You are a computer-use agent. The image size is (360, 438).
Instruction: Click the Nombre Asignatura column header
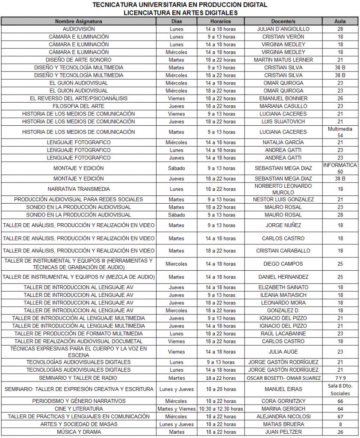(x=79, y=21)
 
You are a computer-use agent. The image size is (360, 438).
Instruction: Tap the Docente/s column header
(x=283, y=21)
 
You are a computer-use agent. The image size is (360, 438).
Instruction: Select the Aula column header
(x=340, y=21)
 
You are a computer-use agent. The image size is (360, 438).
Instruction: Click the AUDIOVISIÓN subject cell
(x=79, y=29)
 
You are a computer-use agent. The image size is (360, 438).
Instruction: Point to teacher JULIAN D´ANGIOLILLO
(x=283, y=29)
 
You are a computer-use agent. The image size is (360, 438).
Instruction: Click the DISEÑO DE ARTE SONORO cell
(x=79, y=60)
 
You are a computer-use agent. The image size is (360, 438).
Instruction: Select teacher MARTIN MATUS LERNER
(x=283, y=60)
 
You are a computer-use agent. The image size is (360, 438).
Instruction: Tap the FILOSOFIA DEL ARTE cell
(x=79, y=106)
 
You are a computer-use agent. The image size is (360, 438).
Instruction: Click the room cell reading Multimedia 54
(x=340, y=132)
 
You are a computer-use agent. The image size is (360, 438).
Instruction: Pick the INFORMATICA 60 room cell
(x=340, y=168)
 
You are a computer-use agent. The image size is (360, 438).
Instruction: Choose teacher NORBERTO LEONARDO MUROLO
(x=283, y=189)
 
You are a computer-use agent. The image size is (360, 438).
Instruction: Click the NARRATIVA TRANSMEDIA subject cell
(x=79, y=189)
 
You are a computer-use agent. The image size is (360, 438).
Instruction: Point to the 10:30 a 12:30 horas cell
(x=221, y=409)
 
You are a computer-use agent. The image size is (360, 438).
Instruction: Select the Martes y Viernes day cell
(x=177, y=409)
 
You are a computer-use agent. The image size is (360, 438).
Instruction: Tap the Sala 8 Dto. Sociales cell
(x=340, y=389)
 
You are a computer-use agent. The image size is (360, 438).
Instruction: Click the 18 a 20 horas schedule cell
(x=221, y=389)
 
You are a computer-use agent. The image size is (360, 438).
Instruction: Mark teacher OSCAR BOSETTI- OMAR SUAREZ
(x=283, y=378)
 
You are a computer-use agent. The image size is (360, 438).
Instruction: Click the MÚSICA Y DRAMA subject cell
(x=79, y=432)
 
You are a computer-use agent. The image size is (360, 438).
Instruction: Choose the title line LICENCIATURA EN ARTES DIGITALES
(x=180, y=12)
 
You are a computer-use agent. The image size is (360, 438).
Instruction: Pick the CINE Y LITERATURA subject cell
(x=79, y=409)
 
